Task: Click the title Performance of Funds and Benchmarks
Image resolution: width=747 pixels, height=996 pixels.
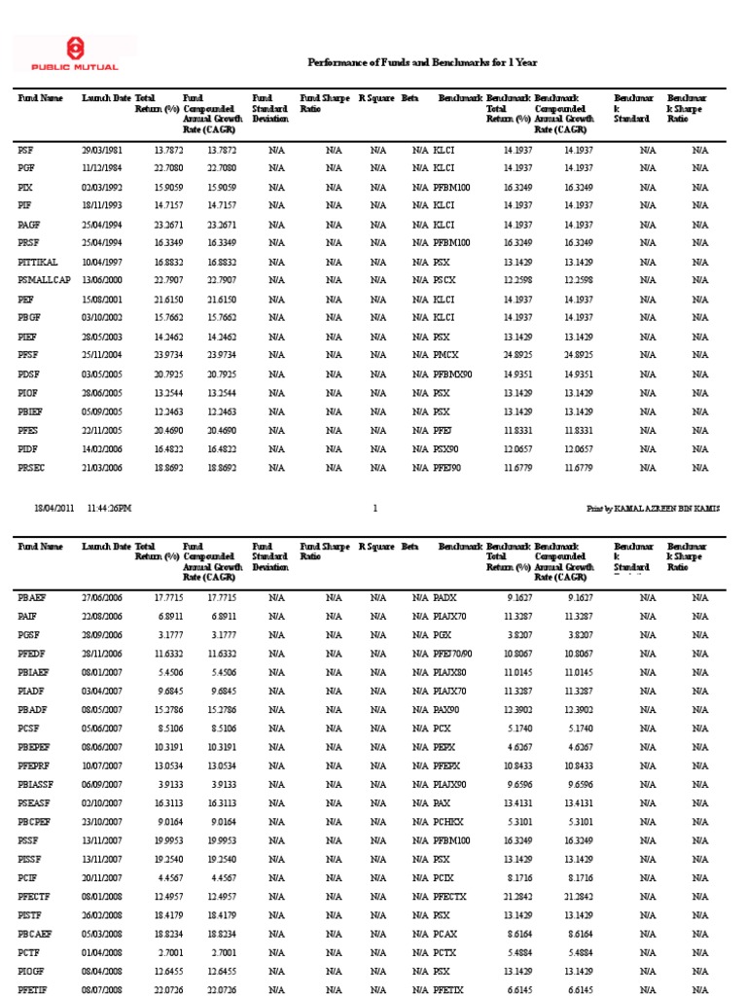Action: pos(422,62)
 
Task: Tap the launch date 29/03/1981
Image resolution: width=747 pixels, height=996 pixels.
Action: pos(101,150)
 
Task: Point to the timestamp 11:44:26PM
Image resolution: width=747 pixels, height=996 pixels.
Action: pos(110,508)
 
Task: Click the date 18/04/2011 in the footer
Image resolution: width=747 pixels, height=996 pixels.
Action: pos(53,508)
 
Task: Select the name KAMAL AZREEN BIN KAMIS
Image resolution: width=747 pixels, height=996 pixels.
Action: pos(673,508)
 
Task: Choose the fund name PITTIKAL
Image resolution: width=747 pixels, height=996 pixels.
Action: pos(38,263)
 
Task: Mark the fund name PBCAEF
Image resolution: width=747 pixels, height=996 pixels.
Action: pos(36,933)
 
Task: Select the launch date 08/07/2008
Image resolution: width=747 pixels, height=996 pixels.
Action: pos(101,989)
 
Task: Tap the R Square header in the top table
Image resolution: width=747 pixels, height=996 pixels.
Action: pos(375,98)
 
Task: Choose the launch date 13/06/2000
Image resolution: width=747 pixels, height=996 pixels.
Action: pos(101,281)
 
